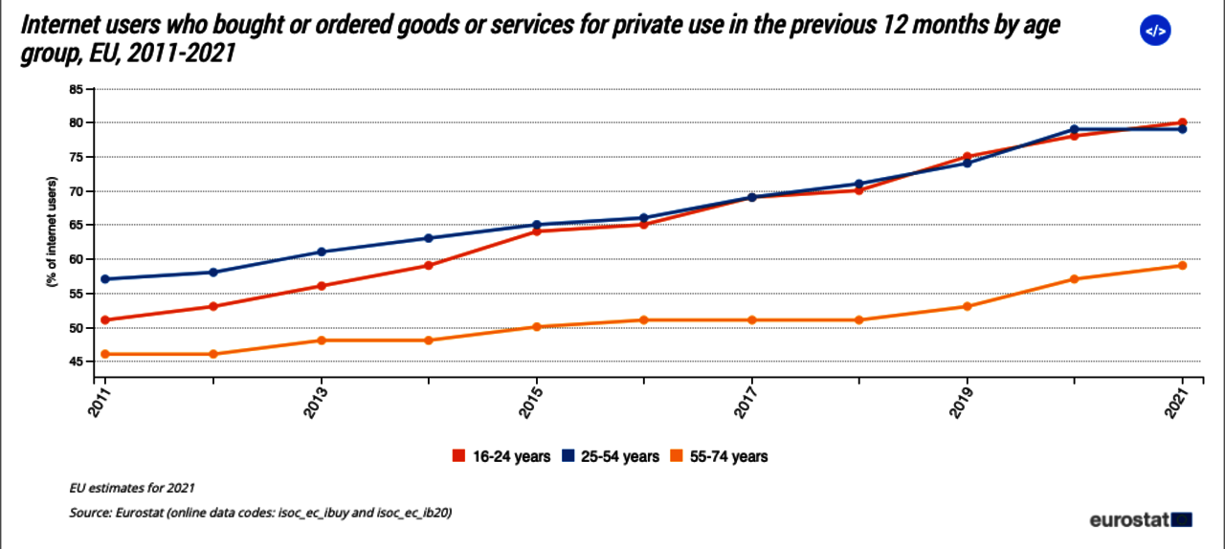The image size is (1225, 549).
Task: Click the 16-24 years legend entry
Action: [501, 456]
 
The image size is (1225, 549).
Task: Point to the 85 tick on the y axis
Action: [74, 89]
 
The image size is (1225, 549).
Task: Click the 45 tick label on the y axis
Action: [74, 362]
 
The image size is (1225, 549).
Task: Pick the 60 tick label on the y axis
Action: [74, 259]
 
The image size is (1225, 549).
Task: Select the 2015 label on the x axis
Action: [536, 400]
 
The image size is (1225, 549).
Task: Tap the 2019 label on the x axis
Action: [967, 400]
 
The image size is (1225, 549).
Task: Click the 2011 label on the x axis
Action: [104, 400]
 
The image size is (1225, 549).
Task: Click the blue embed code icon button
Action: [1155, 32]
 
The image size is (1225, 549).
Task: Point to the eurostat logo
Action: [1140, 520]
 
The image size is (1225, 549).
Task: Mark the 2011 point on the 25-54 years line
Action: [105, 279]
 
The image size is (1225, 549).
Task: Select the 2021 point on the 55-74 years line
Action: [1183, 266]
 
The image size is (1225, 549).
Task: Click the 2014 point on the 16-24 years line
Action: [429, 266]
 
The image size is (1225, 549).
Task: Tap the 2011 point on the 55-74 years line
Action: [105, 354]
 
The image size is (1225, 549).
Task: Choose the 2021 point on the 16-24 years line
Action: [1183, 122]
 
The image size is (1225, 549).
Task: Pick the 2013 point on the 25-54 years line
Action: [322, 253]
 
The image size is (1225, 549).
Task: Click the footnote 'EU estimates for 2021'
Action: [130, 487]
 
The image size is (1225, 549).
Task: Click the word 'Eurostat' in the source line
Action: [140, 513]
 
